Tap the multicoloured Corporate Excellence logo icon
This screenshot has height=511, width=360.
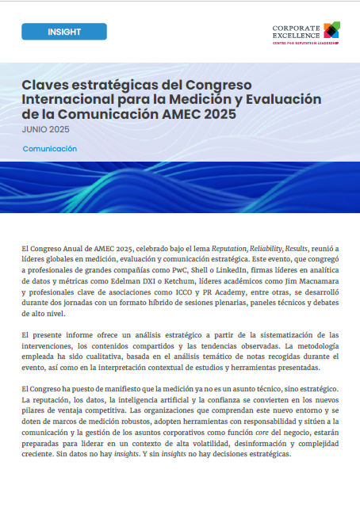pyautogui.click(x=331, y=30)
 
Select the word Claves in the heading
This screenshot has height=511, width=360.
pyautogui.click(x=44, y=85)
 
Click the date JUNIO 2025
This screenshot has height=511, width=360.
pyautogui.click(x=46, y=128)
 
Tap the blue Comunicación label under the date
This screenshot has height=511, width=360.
pyautogui.click(x=50, y=149)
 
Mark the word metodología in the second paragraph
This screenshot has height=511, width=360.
pyautogui.click(x=316, y=345)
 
